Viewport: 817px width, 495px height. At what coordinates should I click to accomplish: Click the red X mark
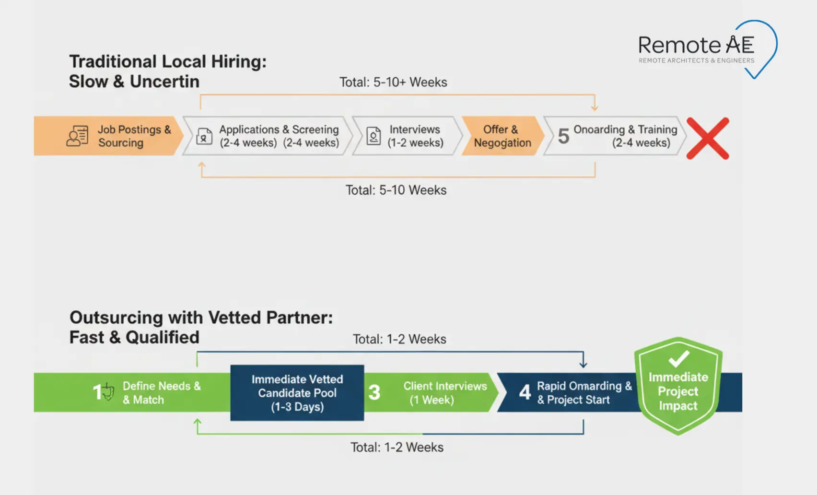[x=708, y=138]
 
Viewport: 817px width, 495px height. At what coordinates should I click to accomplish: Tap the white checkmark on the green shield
[x=678, y=358]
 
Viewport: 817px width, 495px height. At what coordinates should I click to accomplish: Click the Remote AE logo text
[x=696, y=45]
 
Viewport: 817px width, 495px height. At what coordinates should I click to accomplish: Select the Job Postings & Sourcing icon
[x=78, y=136]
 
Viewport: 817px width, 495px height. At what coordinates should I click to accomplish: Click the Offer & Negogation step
[x=502, y=136]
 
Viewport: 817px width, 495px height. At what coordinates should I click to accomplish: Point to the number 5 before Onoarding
[x=563, y=136]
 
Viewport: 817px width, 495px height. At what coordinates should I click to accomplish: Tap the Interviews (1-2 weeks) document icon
[x=373, y=136]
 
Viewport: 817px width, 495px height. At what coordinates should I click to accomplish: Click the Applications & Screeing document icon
[x=204, y=136]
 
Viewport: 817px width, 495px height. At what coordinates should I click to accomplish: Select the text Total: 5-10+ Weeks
[x=393, y=82]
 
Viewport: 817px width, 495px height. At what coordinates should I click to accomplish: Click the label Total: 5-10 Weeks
[x=396, y=190]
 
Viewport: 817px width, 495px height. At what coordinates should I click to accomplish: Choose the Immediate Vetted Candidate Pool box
[x=297, y=393]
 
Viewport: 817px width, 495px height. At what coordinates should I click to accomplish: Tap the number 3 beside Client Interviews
[x=374, y=392]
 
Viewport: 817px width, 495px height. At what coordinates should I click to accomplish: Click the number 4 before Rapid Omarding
[x=525, y=392]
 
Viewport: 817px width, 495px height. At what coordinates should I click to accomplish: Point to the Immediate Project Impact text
[x=678, y=391]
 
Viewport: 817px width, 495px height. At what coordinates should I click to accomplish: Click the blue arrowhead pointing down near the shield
[x=583, y=364]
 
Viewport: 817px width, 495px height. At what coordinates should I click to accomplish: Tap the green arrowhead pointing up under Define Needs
[x=197, y=423]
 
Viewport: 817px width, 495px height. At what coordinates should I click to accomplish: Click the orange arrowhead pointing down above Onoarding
[x=595, y=107]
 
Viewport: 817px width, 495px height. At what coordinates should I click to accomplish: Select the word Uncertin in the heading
[x=164, y=82]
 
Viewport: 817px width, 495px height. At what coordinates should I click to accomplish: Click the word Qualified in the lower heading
[x=162, y=337]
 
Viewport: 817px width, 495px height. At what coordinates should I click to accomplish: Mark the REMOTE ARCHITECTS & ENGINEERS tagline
[x=696, y=60]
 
